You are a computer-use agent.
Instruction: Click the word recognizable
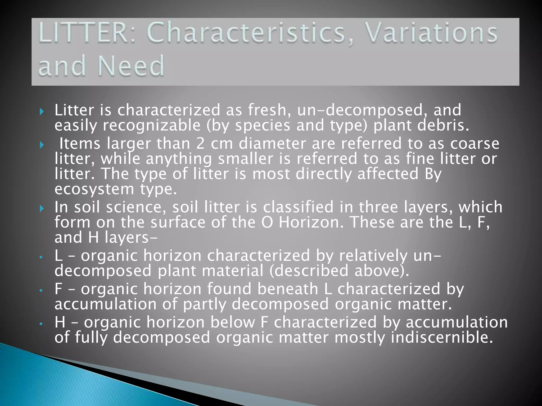152,125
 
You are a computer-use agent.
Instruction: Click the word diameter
272,144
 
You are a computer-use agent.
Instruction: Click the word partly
205,304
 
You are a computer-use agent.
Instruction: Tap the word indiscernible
442,338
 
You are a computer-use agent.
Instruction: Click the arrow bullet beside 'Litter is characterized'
42,111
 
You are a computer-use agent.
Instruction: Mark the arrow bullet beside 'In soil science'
42,209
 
